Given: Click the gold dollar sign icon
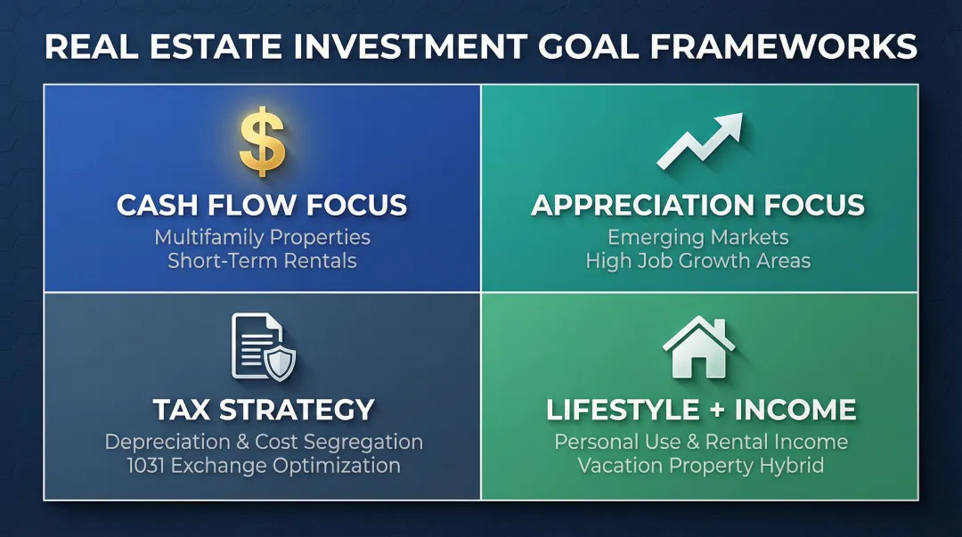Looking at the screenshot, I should (262, 143).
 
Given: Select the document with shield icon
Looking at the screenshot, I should (263, 346).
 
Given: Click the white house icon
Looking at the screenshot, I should (699, 346).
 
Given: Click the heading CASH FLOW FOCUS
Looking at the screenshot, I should (262, 206).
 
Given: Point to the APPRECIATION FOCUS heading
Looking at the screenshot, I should (698, 206).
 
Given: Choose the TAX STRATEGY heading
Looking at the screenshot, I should (263, 410).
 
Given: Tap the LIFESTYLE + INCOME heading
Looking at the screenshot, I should (700, 410).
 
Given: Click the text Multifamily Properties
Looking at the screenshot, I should (262, 238).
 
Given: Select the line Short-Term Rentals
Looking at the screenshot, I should (262, 261).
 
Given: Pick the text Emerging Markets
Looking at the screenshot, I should (698, 238).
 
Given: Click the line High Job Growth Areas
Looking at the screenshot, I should (698, 261).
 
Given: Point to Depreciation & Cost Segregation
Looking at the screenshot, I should (263, 442).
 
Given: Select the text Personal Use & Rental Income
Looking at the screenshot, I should (700, 442).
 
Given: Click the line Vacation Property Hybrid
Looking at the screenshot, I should (700, 465).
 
